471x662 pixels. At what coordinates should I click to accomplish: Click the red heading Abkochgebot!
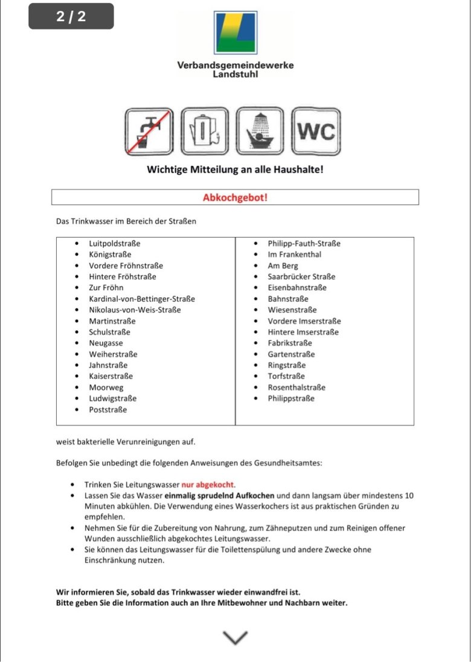(x=235, y=197)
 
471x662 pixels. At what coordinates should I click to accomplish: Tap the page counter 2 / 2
(x=71, y=16)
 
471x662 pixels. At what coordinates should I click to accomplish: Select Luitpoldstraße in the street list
(x=115, y=244)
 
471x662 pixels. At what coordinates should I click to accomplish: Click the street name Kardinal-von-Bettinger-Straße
(x=142, y=299)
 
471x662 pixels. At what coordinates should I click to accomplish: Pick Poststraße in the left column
(x=108, y=410)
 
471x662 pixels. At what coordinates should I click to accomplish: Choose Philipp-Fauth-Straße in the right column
(x=304, y=244)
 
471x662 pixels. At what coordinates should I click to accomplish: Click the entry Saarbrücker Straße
(x=301, y=277)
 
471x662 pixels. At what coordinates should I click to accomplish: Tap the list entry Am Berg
(x=283, y=266)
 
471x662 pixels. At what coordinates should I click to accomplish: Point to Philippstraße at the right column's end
(x=291, y=398)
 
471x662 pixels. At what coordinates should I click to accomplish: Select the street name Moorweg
(x=106, y=387)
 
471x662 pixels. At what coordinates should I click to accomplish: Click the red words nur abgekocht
(x=208, y=485)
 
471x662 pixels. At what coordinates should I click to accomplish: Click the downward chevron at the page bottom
(x=235, y=637)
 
